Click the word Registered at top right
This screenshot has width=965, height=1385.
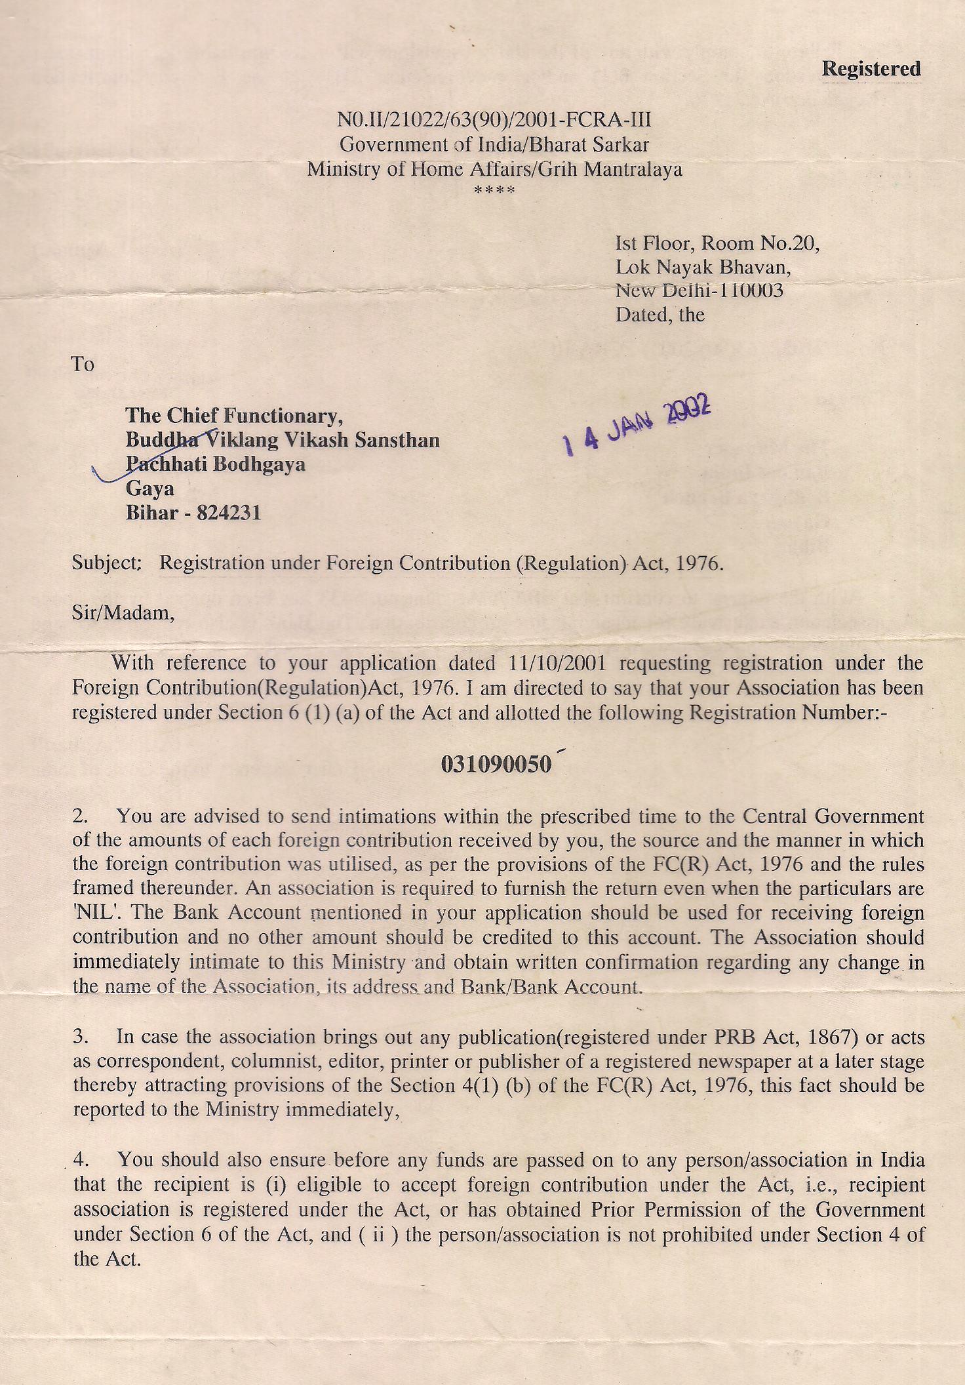coord(871,69)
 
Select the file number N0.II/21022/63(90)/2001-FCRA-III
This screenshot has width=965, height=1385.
coord(494,120)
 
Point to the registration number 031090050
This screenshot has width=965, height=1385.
coord(496,765)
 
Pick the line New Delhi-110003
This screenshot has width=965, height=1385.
coord(699,291)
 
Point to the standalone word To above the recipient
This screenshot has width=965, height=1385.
coord(83,364)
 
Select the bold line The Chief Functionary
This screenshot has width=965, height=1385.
coord(234,415)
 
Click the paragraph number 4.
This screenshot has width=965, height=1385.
coord(81,1159)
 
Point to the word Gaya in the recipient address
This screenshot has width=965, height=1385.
coord(150,489)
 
